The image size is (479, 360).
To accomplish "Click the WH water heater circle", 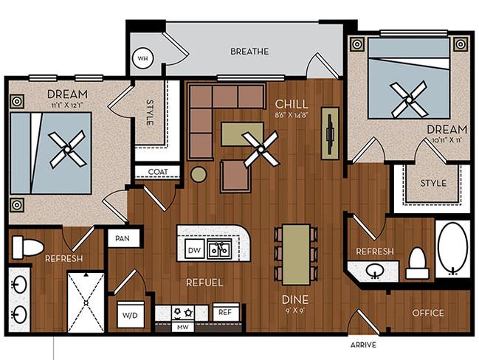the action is (143, 58).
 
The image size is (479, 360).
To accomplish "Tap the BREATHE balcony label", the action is (249, 52).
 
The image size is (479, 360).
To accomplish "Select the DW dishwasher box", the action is (195, 250).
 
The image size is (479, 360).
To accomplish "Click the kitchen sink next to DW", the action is (220, 249).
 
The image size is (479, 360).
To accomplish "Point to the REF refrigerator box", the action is (226, 312).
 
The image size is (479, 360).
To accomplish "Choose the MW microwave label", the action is (183, 328).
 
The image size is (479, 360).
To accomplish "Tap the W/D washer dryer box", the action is (131, 315).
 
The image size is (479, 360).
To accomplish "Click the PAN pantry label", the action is (123, 238).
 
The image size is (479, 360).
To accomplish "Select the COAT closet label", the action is (158, 172).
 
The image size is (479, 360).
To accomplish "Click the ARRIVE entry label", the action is (363, 345).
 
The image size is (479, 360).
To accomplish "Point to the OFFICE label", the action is (428, 313).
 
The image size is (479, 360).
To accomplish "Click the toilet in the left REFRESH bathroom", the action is (28, 246).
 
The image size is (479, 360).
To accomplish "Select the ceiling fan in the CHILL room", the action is (261, 149).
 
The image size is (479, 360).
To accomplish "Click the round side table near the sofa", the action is (199, 174).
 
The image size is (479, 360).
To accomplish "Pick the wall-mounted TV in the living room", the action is (330, 133).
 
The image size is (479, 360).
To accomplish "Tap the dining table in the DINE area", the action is (296, 255).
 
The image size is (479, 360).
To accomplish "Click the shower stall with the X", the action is (86, 302).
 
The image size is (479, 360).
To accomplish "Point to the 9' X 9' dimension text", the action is (294, 312).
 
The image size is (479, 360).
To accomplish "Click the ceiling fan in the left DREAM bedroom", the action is (67, 149).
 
